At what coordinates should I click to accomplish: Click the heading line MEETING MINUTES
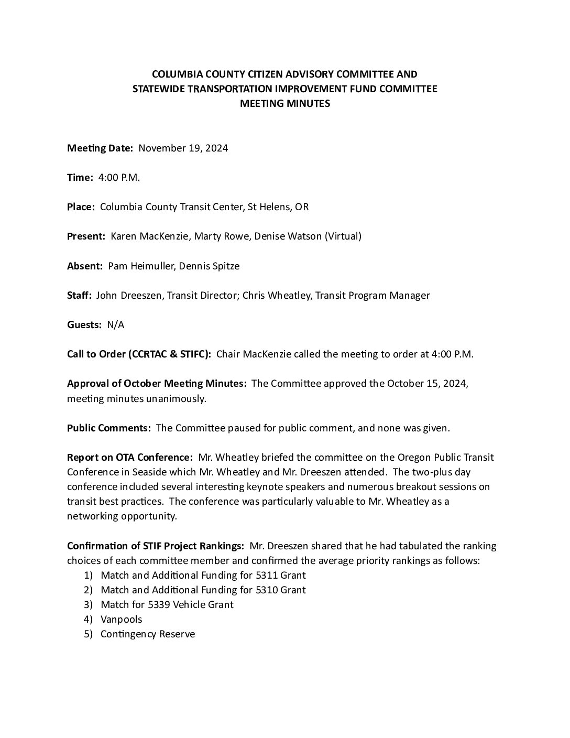pyautogui.click(x=284, y=103)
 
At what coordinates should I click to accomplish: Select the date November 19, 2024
pyautogui.click(x=183, y=148)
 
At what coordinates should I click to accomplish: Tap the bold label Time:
pyautogui.click(x=80, y=177)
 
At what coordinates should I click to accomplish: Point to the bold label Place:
pyautogui.click(x=81, y=207)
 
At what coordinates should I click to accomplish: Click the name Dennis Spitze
pyautogui.click(x=209, y=266)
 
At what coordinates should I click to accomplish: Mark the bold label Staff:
pyautogui.click(x=79, y=295)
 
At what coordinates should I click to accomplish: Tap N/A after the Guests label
pyautogui.click(x=115, y=324)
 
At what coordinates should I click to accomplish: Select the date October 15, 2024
pyautogui.click(x=427, y=383)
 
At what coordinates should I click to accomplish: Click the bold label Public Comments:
pyautogui.click(x=109, y=428)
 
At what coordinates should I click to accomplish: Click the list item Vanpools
pyautogui.click(x=121, y=619)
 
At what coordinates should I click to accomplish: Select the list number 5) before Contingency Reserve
pyautogui.click(x=88, y=634)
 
